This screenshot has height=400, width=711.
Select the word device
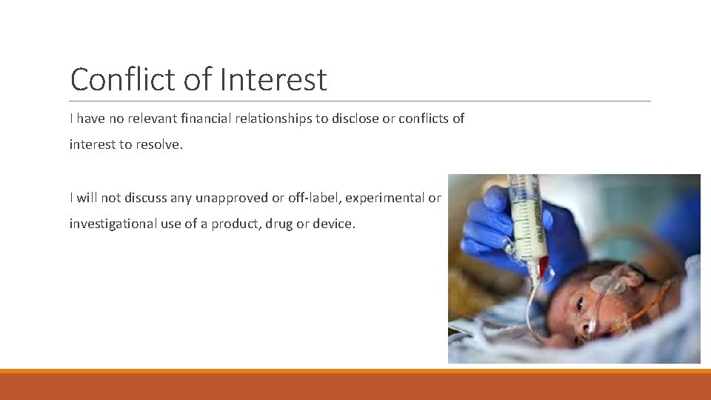(333, 224)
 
